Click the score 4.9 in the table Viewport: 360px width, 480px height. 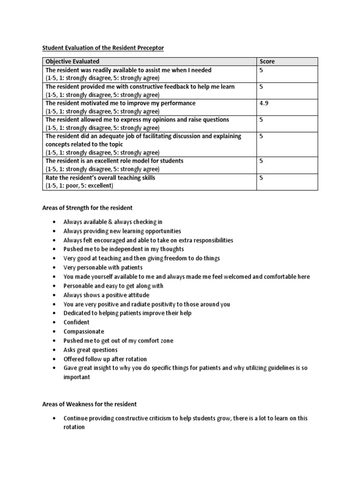263,103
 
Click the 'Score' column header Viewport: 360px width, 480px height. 267,61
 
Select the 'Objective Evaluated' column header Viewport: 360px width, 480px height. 72,61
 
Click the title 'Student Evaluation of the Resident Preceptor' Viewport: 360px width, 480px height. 104,47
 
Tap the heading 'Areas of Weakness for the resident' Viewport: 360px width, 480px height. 90,404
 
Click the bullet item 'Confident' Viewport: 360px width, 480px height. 76,322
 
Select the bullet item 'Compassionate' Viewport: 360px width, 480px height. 84,331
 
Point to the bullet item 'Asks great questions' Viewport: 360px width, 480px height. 90,350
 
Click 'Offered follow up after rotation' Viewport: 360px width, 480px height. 105,359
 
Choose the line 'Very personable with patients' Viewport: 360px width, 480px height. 103,267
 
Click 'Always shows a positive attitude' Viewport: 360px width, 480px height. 106,295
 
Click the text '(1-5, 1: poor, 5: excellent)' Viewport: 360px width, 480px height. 86,186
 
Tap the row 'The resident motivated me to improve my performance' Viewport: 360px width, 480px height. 120,103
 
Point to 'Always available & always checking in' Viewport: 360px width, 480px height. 113,222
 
